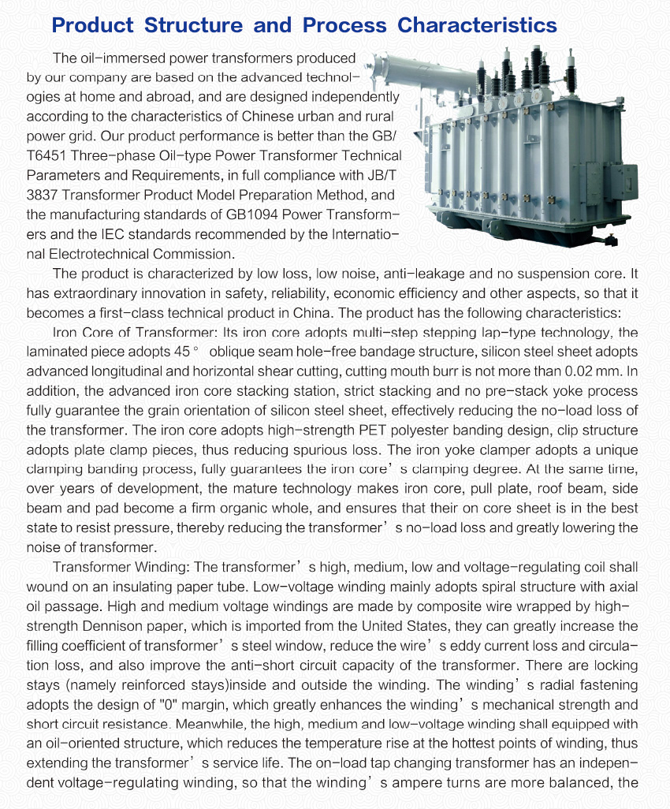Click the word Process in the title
point(344,24)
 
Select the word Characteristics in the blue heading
point(477,24)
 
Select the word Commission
point(195,254)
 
